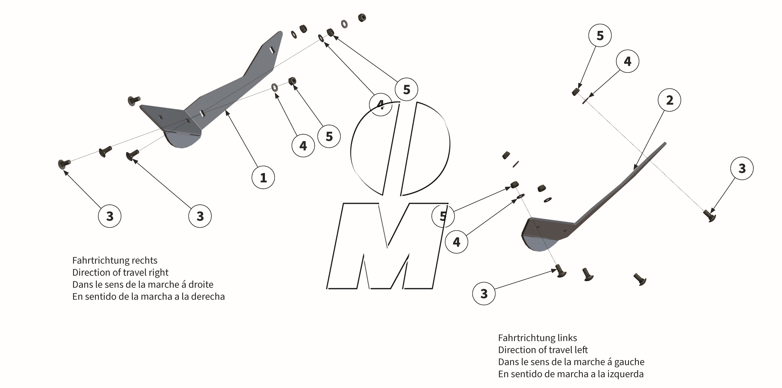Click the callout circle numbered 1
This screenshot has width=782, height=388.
pyautogui.click(x=263, y=177)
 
